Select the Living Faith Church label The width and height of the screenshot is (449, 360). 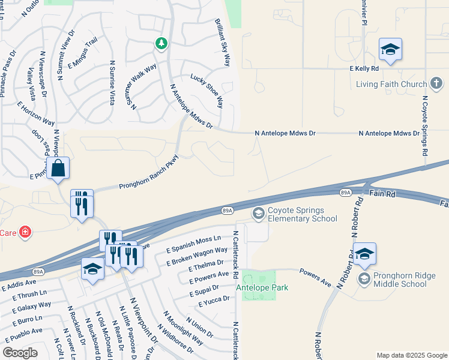pos(391,84)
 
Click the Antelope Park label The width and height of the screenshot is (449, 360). pos(262,287)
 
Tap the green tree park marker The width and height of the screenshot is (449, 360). pos(161,43)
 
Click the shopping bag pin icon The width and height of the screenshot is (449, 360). pos(58,170)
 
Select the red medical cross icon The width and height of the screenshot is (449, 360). pos(25,232)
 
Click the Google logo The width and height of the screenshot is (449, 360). pos(20,353)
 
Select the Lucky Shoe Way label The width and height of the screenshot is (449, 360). pos(207,91)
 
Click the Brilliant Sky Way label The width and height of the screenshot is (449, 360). pos(223,42)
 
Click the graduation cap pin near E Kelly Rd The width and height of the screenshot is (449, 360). pos(390,50)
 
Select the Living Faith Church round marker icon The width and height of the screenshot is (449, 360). pos(437,85)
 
